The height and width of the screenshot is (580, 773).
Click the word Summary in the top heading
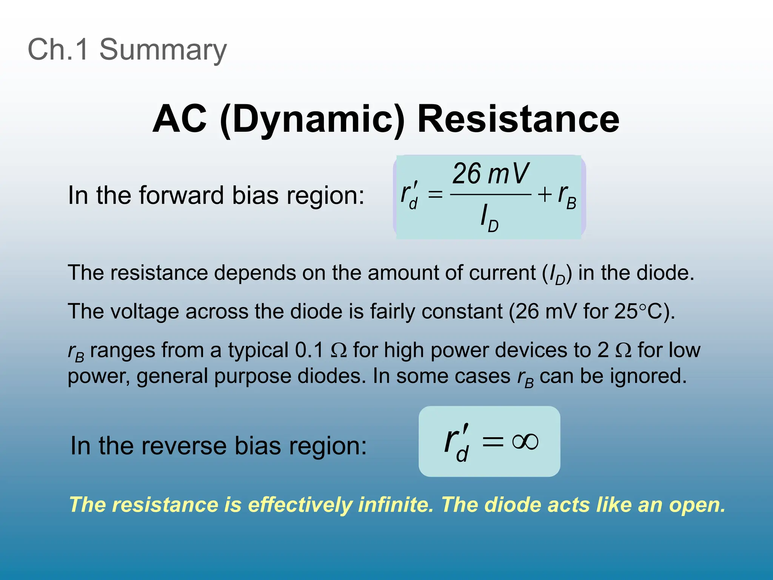163,49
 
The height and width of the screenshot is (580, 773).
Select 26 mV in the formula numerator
491,174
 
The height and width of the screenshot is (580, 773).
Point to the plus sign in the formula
545,195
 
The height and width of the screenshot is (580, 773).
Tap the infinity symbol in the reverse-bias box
525,441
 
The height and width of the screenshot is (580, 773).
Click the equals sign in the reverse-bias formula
493,441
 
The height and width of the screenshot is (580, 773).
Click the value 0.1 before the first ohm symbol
309,350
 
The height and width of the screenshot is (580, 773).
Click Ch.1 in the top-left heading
59,49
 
